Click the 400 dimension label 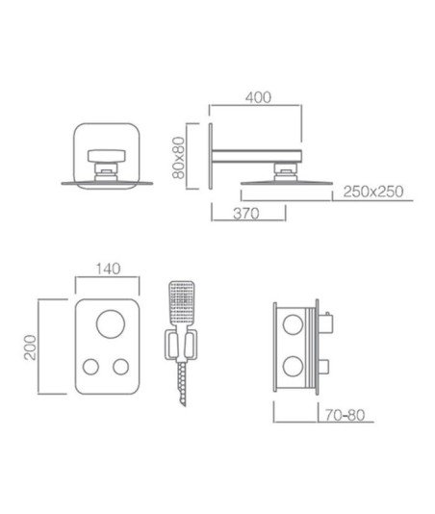258,97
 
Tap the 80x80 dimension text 179,158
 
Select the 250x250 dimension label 373,192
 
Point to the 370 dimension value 246,214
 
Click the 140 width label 108,269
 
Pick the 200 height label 30,347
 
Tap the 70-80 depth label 345,415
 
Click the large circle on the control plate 111,323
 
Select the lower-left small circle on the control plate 90,367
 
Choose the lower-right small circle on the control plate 121,367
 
